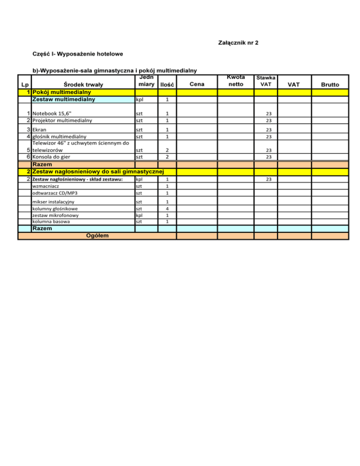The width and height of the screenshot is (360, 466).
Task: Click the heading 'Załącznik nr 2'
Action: coord(239,43)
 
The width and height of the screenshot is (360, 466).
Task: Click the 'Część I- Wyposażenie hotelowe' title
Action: coord(78,54)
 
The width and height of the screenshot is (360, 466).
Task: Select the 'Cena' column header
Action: coord(197,84)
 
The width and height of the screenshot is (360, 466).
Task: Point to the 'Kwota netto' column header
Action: coord(236,81)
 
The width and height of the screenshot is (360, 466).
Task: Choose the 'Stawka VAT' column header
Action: coord(266,81)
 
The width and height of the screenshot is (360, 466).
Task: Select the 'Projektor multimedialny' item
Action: coord(62,120)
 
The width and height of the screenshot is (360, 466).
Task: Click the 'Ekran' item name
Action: coord(39,130)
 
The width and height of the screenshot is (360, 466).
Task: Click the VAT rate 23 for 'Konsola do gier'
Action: coord(266,157)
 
